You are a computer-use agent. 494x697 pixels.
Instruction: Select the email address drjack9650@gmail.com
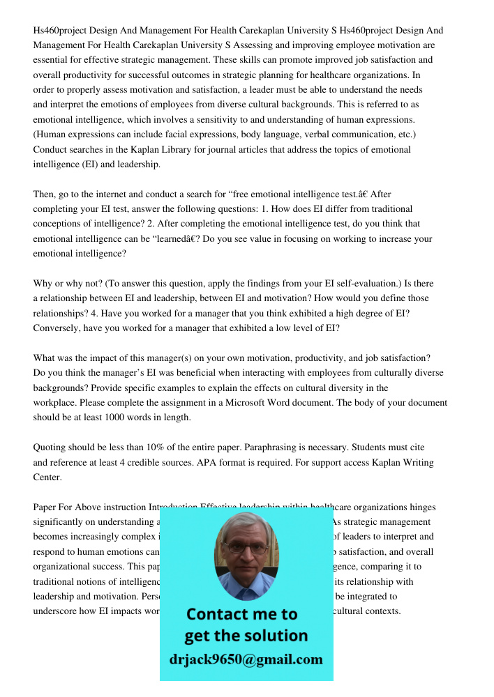tap(246, 659)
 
